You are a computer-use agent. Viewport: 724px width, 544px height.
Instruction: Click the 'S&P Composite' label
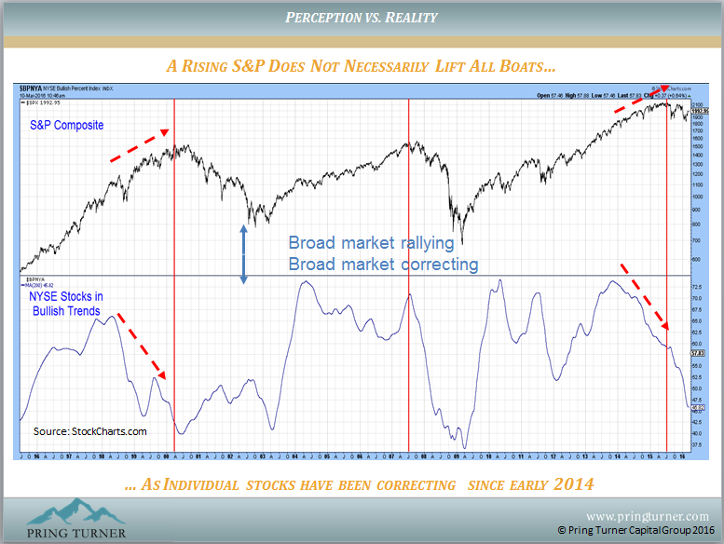(64, 124)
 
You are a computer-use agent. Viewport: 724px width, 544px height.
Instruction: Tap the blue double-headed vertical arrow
(243, 254)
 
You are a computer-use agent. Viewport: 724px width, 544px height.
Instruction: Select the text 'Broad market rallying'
(371, 243)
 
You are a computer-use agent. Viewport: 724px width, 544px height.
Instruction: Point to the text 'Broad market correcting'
(383, 264)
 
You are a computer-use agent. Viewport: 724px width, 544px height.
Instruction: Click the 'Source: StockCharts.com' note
(90, 431)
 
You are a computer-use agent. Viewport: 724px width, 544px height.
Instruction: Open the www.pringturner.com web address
(647, 515)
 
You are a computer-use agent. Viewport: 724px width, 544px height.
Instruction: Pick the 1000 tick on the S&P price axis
(696, 197)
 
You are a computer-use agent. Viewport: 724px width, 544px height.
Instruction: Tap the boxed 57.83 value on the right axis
(698, 354)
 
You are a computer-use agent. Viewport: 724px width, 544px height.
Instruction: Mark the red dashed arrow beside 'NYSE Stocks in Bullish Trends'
(142, 347)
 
